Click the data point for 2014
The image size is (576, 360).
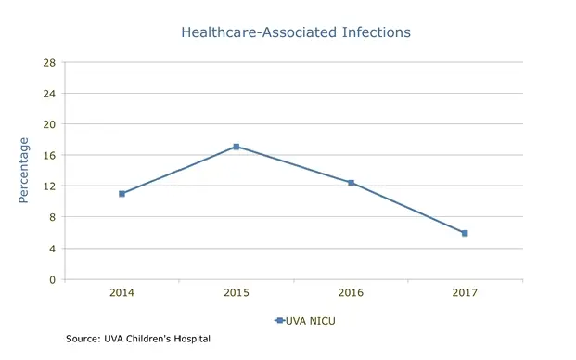coord(122,194)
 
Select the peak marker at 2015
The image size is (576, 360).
coord(237,147)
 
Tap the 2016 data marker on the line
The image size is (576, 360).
coord(351,183)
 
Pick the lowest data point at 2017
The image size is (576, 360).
coord(465,233)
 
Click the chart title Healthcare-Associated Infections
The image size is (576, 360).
coord(296,32)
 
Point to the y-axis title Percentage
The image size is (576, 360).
coord(24,171)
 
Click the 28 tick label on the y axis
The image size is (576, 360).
coord(49,63)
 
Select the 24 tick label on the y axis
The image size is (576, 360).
coord(49,94)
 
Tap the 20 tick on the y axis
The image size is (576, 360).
coord(49,124)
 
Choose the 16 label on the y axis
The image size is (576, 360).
coord(49,156)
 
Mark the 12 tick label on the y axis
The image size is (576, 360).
coord(49,186)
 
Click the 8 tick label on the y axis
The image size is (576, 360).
coord(52,217)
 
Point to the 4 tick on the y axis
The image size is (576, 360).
coord(52,249)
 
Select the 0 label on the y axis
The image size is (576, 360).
coord(52,279)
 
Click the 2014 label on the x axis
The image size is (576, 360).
coord(122,292)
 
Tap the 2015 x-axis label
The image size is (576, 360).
coord(237,292)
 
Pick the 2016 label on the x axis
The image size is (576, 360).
coord(351,292)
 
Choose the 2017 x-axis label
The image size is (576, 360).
coord(465,292)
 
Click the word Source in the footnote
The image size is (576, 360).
coord(82,340)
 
